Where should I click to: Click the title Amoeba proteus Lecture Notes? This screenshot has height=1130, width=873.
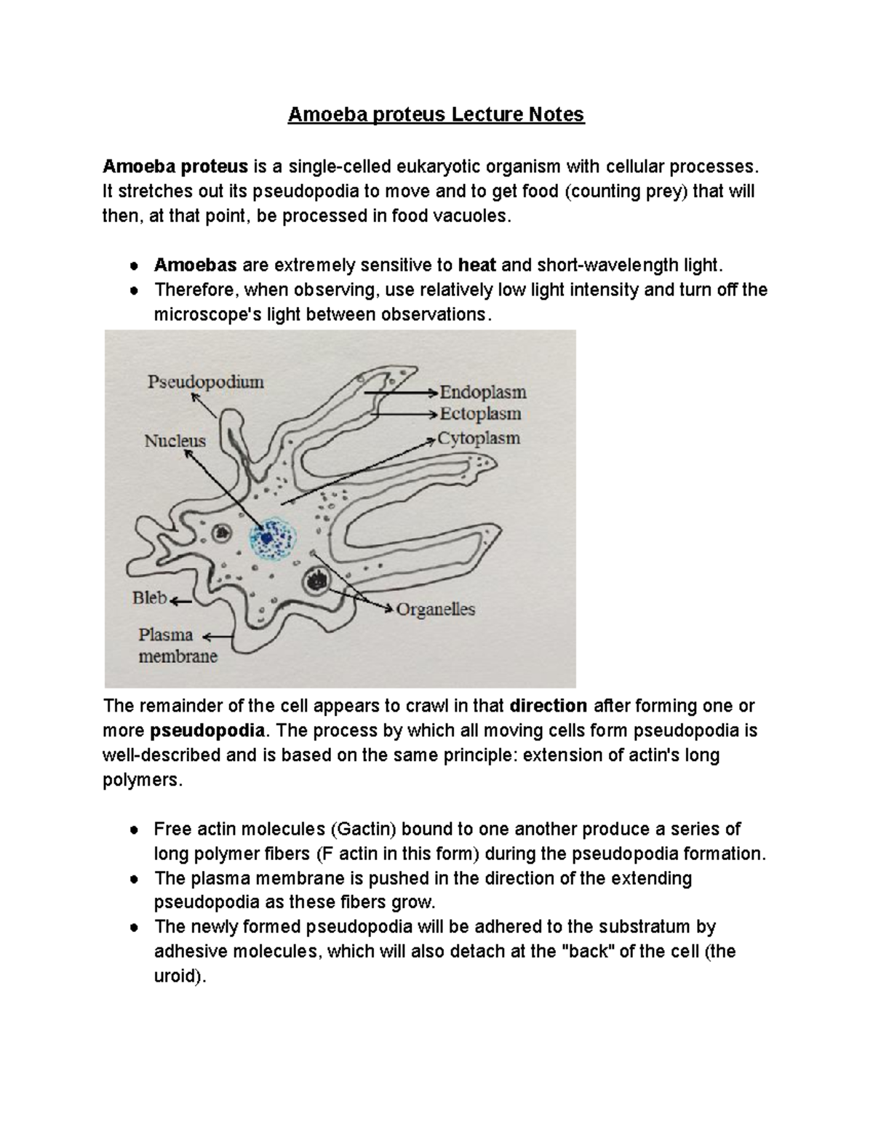click(436, 115)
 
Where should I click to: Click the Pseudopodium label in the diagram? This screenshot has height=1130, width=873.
click(206, 382)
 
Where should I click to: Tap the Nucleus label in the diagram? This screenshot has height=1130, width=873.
click(175, 441)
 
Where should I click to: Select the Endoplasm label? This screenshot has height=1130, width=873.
click(483, 393)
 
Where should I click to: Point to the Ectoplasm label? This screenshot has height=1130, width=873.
click(480, 414)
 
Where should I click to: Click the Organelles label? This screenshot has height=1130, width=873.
click(435, 610)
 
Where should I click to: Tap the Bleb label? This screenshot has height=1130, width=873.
click(150, 598)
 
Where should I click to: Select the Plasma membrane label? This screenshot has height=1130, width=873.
click(178, 645)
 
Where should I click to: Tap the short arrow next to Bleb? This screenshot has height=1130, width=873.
click(181, 602)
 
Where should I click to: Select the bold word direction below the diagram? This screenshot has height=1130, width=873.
click(549, 707)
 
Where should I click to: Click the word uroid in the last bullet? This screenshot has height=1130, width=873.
click(175, 976)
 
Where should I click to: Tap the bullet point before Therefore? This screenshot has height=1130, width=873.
click(134, 290)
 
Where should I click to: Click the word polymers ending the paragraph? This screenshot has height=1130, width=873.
click(138, 780)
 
